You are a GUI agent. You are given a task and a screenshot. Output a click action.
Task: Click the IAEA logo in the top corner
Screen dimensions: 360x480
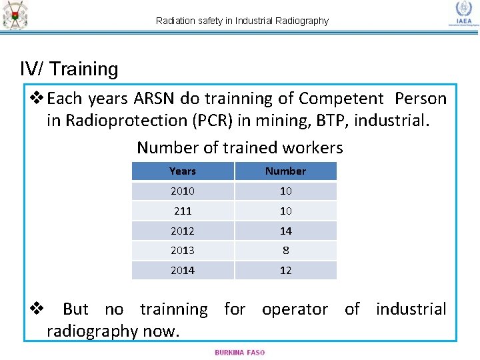pos(463,13)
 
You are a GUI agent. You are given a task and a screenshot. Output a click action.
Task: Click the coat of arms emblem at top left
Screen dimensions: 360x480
pos(15,15)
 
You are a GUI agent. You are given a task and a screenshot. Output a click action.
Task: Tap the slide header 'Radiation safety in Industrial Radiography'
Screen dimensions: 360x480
pos(242,21)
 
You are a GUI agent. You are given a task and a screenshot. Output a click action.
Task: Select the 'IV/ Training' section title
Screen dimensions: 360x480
pos(69,69)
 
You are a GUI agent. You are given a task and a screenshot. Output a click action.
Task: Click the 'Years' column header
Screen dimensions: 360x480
pos(183,171)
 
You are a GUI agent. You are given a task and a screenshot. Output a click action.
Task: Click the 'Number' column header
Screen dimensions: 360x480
pos(285,171)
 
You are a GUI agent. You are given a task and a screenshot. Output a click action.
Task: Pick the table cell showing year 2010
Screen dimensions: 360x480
pos(183,191)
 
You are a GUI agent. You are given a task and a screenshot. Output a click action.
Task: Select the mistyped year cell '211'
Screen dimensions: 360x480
pos(183,211)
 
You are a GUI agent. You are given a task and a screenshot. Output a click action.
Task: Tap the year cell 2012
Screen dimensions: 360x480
pos(183,231)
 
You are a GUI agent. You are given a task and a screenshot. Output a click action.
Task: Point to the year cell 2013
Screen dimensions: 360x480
pos(183,251)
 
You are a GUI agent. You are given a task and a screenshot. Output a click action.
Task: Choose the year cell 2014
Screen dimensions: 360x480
pos(183,270)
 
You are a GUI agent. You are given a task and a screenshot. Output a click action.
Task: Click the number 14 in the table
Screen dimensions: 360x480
pos(285,231)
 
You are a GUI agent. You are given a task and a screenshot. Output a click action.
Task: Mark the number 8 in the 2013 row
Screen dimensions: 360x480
pos(285,251)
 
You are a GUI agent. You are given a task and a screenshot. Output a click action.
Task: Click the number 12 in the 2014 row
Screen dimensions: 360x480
pos(285,270)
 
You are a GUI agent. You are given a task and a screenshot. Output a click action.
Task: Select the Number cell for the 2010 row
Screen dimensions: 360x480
pos(285,191)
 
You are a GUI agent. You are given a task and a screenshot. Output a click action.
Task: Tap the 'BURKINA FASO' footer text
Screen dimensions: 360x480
pos(239,353)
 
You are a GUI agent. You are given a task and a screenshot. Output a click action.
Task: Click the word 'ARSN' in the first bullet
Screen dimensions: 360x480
pos(155,99)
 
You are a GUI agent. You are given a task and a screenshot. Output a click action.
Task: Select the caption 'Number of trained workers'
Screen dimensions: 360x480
pos(239,147)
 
